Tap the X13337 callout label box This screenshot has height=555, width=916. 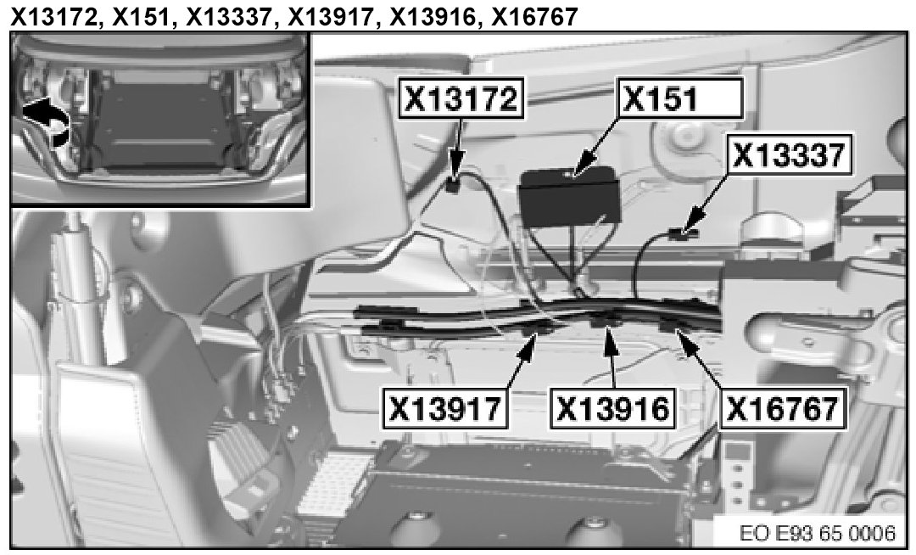[788, 156]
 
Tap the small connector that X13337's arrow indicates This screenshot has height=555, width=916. [683, 231]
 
